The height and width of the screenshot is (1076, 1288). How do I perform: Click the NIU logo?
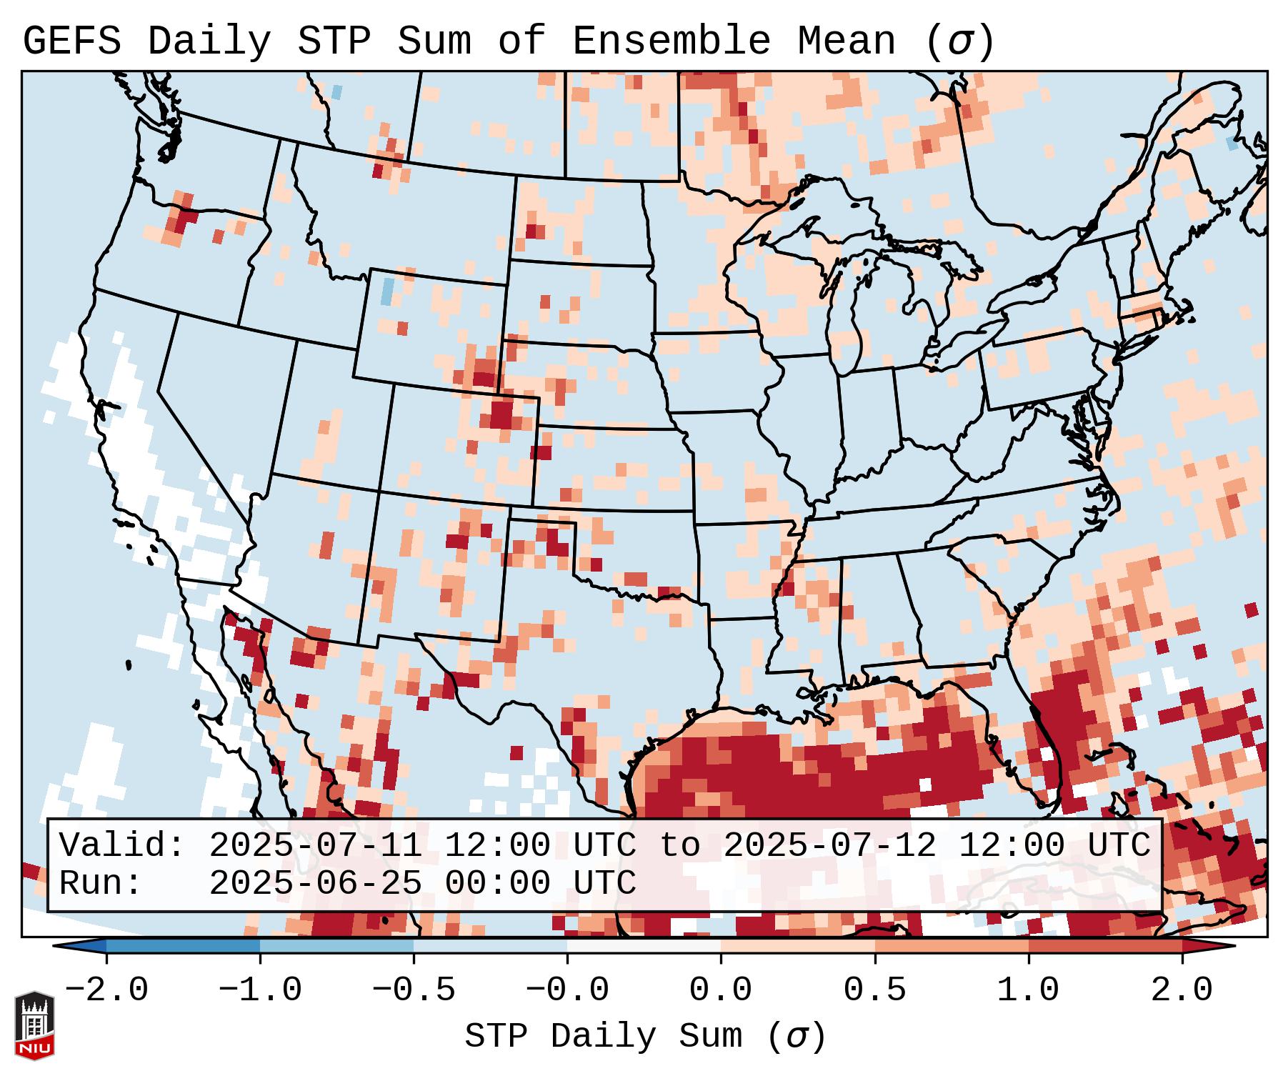pos(34,1025)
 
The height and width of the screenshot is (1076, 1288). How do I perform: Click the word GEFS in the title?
pos(71,41)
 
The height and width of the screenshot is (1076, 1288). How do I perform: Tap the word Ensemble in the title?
pos(671,41)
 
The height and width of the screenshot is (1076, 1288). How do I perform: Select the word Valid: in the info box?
pos(122,846)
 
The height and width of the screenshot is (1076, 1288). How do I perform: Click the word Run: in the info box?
pos(101,884)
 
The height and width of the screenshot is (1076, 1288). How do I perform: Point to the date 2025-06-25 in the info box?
pos(315,884)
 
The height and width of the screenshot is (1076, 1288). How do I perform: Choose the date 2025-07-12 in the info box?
pos(829,846)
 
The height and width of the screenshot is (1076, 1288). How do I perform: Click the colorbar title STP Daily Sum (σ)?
pos(645,1037)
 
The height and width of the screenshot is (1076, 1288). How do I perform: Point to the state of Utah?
pos(325,414)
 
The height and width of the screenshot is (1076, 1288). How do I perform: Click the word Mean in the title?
pos(846,41)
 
